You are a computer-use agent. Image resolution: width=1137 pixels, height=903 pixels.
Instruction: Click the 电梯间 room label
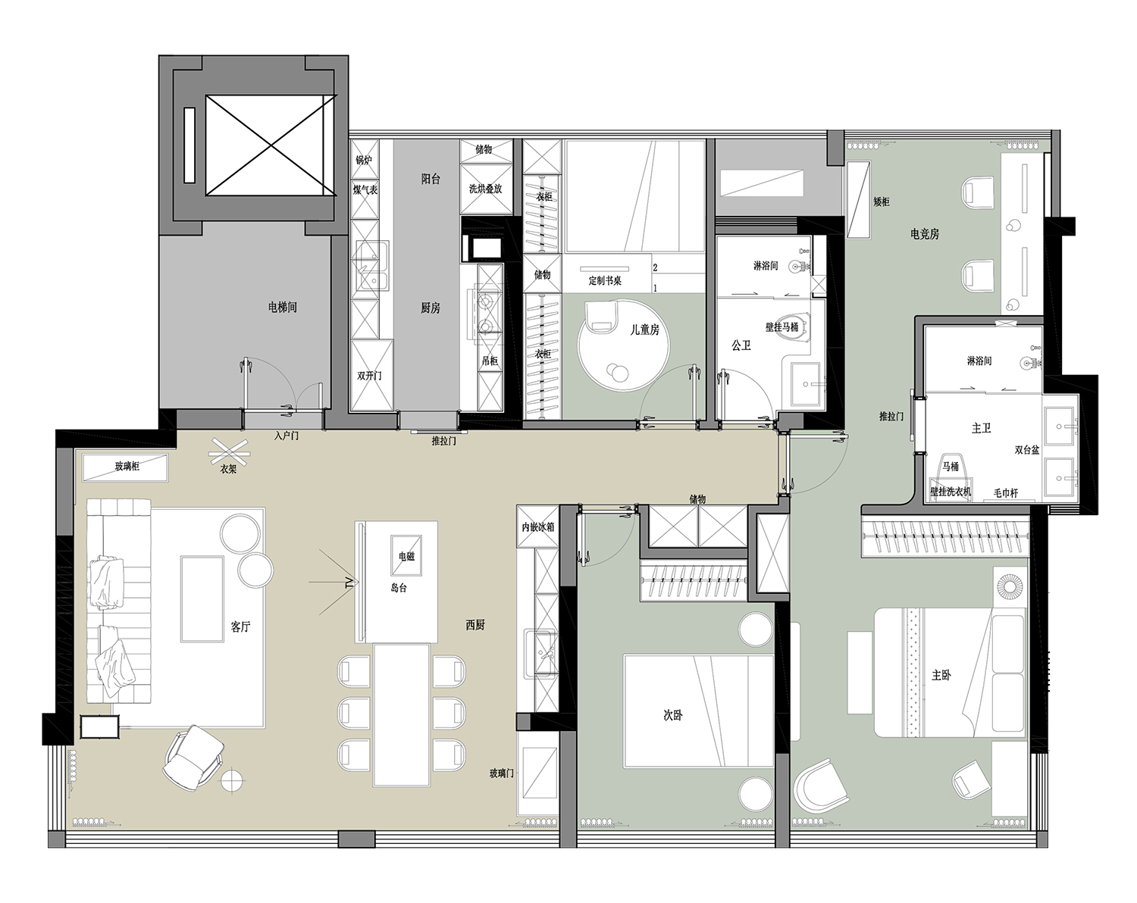click(282, 308)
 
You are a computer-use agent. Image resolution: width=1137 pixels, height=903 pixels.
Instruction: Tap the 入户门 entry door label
click(287, 436)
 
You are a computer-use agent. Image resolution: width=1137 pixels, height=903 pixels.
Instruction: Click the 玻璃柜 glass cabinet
click(126, 467)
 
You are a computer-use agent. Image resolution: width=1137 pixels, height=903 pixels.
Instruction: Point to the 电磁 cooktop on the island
click(406, 555)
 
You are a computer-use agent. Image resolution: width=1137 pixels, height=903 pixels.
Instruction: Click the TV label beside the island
click(349, 583)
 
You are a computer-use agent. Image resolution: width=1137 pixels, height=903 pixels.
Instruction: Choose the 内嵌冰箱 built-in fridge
click(538, 526)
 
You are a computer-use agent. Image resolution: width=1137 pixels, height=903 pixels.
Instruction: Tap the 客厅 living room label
click(240, 626)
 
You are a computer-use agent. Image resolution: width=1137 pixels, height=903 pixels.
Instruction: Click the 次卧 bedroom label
click(672, 715)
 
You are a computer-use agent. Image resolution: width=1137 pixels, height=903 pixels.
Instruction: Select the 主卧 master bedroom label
click(941, 676)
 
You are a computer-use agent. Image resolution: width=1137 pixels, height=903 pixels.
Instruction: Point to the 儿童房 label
click(644, 330)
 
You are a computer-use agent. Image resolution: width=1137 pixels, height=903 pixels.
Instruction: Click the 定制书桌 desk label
click(605, 281)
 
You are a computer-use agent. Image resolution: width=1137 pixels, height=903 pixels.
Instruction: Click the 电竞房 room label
click(925, 234)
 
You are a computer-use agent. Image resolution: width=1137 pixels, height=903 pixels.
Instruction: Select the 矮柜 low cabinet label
click(882, 202)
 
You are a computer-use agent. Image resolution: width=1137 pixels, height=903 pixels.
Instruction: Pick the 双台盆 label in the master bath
click(1026, 450)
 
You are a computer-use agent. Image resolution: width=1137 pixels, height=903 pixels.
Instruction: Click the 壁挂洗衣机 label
click(951, 492)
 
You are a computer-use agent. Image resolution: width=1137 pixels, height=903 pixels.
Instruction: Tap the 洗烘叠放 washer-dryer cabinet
click(486, 189)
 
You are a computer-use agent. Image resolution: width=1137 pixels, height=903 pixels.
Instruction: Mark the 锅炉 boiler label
click(364, 160)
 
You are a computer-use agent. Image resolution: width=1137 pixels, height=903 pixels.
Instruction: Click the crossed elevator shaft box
click(271, 145)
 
